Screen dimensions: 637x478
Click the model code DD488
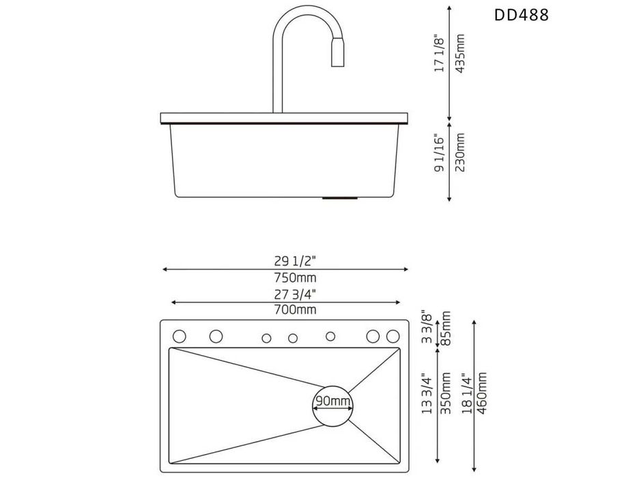(x=521, y=15)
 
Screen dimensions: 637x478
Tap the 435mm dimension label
(x=459, y=54)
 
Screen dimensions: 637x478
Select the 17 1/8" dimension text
(x=440, y=54)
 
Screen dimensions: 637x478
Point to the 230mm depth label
(x=459, y=152)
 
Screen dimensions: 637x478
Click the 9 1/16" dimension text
(x=440, y=152)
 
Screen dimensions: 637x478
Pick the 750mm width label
(x=295, y=278)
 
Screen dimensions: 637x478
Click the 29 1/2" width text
(x=295, y=261)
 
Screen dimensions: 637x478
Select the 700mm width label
(x=295, y=310)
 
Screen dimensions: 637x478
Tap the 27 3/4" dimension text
(x=295, y=293)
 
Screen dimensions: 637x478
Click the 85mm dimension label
(x=446, y=328)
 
